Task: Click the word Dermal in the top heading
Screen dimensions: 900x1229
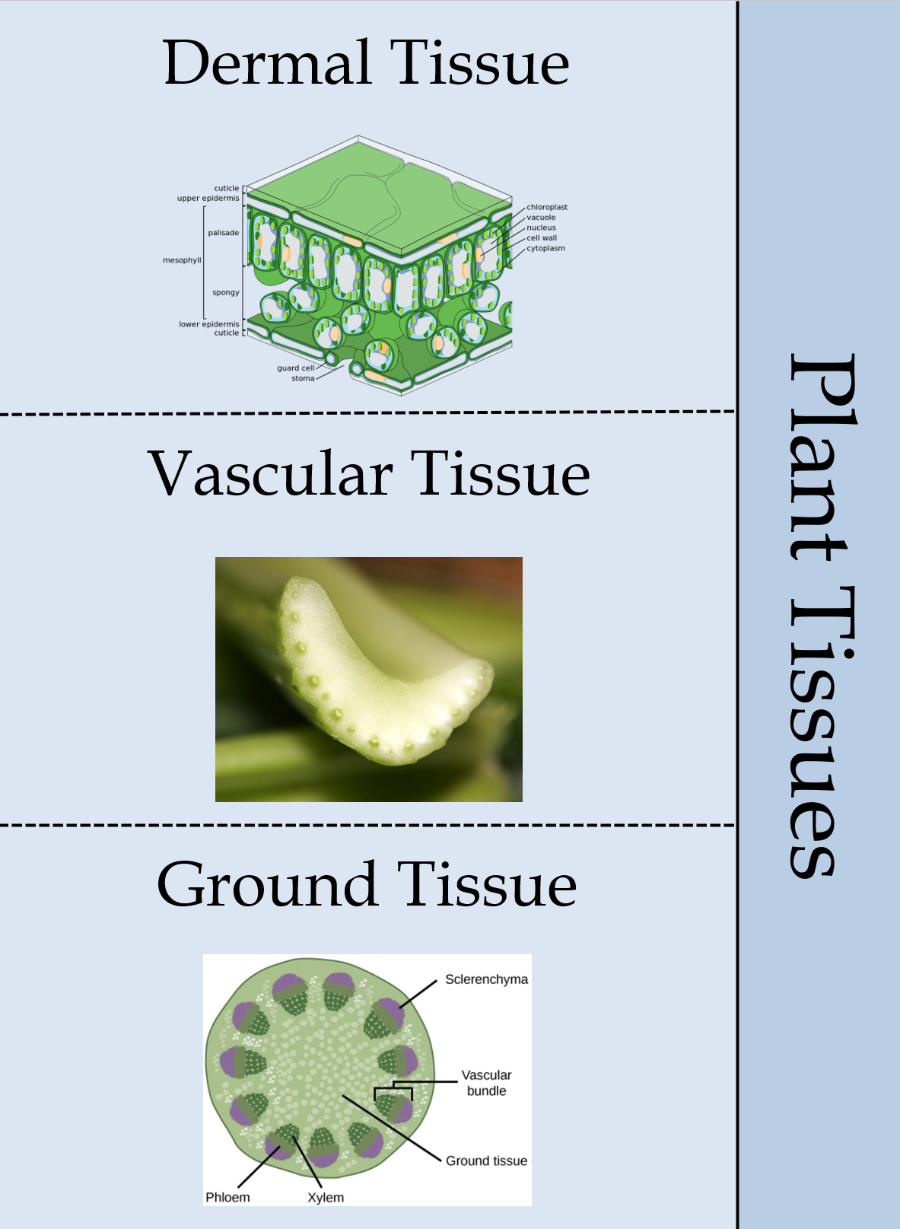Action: click(x=266, y=62)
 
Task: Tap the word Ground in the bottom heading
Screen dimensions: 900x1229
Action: click(x=267, y=884)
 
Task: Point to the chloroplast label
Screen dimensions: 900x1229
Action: click(x=547, y=207)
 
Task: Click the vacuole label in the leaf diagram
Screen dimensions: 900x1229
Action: click(x=541, y=218)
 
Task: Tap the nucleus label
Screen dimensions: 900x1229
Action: click(x=541, y=227)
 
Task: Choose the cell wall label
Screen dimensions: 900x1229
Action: click(x=542, y=237)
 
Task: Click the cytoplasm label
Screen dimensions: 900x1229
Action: click(x=545, y=248)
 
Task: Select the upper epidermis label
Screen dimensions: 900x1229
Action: click(x=208, y=198)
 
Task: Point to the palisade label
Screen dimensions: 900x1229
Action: click(x=223, y=233)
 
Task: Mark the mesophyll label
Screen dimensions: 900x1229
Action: click(x=182, y=260)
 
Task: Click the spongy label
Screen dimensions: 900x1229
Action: click(x=226, y=292)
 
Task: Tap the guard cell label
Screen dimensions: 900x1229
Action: click(x=296, y=368)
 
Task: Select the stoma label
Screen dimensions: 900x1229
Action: click(x=303, y=378)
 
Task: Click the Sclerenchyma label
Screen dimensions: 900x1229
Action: click(x=486, y=979)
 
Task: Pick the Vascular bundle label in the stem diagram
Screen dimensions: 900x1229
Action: click(x=486, y=1082)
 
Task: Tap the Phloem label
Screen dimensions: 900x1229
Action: click(x=227, y=1197)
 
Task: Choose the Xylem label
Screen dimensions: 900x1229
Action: click(x=326, y=1197)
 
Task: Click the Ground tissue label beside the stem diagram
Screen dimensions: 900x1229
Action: click(x=486, y=1161)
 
